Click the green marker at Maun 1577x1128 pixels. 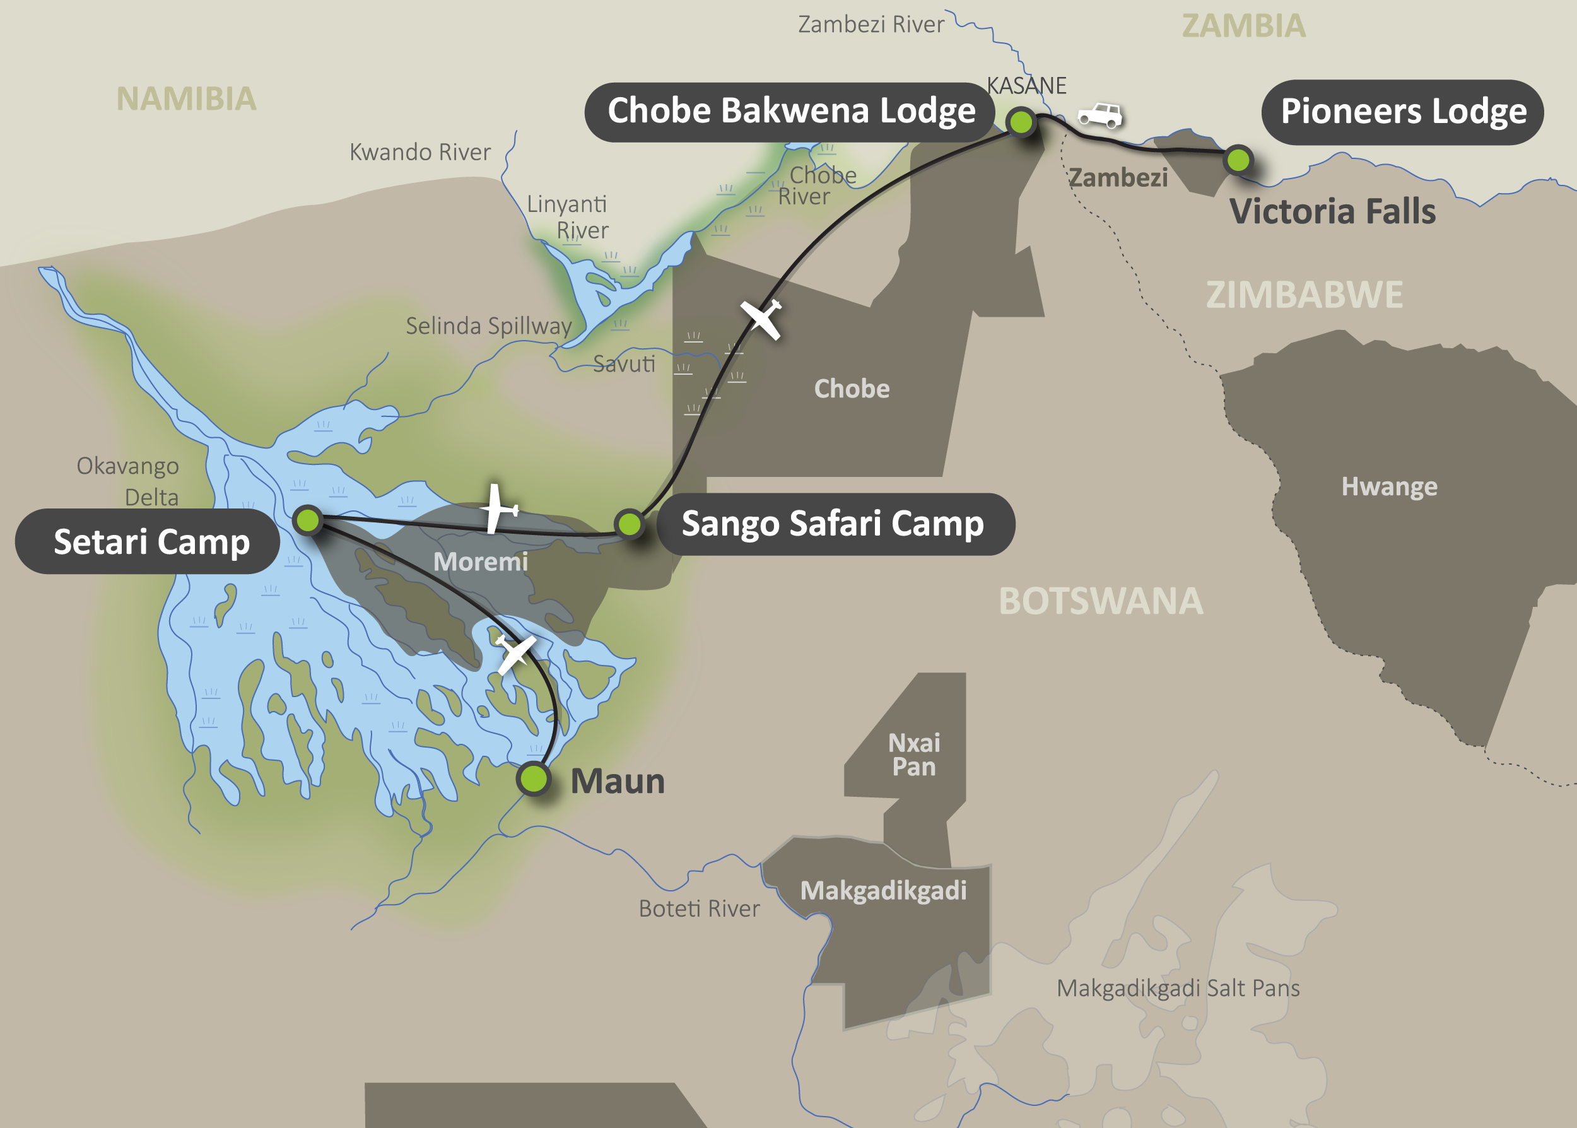[533, 778]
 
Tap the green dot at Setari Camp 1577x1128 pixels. [307, 520]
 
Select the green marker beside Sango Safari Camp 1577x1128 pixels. [629, 524]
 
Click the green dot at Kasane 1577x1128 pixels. [1021, 122]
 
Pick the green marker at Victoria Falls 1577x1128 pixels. [1238, 160]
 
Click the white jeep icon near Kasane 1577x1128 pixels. [1100, 115]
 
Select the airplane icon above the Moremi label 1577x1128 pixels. [497, 509]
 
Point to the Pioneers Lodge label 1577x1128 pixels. [1403, 112]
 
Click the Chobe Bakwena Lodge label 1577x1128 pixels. [791, 112]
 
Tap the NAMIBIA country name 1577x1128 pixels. [186, 98]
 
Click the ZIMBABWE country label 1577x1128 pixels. [1304, 295]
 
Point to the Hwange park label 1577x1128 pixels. [1389, 486]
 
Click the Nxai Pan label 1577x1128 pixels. [914, 755]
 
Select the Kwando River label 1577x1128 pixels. [419, 152]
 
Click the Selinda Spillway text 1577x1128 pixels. [488, 326]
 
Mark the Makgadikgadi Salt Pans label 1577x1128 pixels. [1178, 988]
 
